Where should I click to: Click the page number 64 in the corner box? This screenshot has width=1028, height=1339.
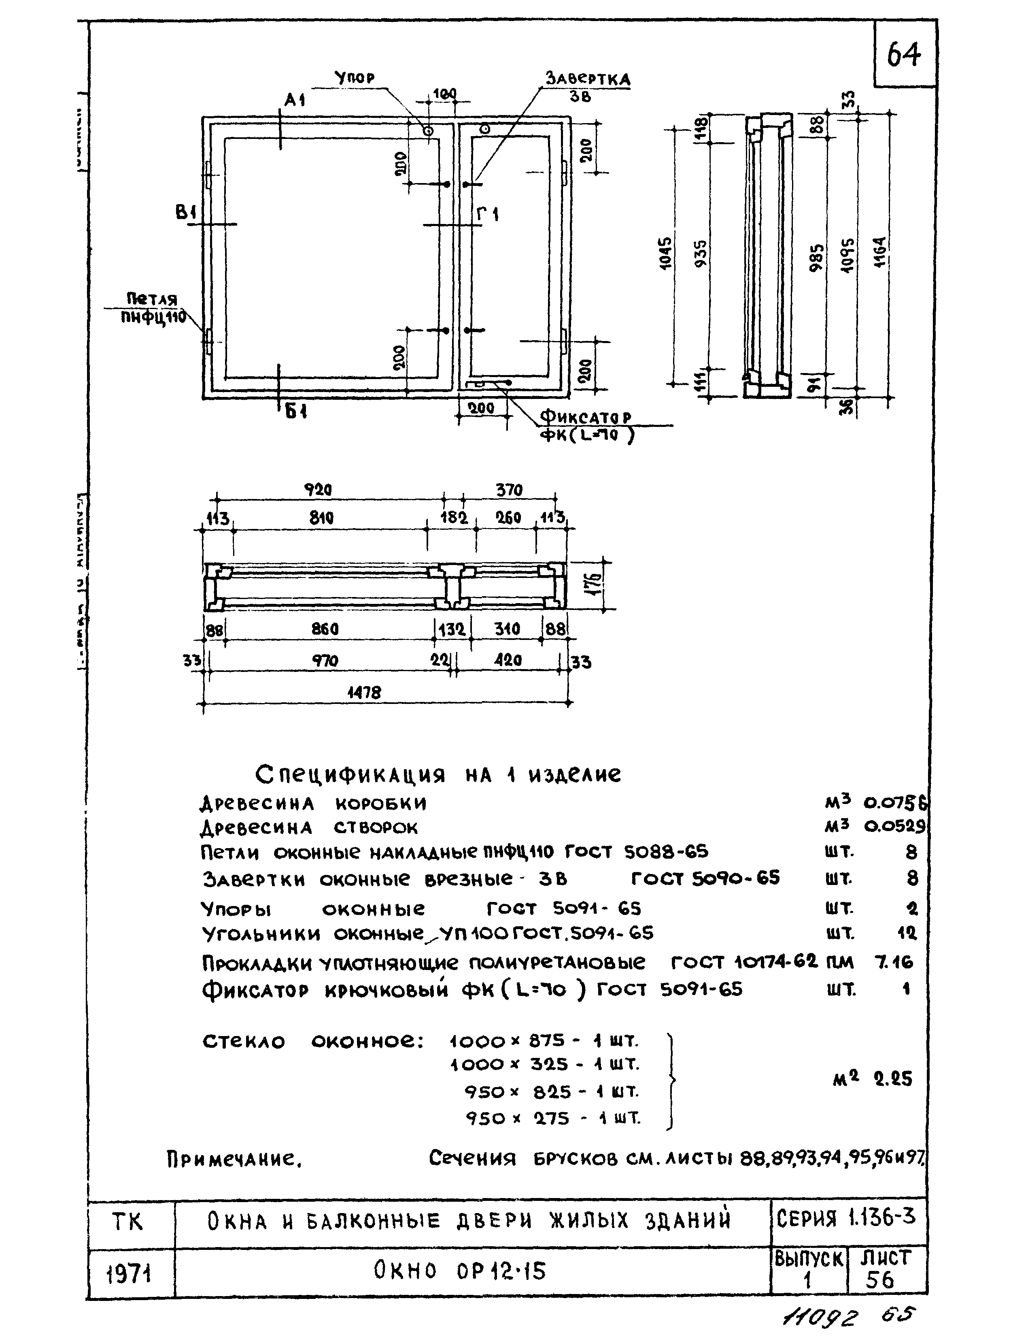(x=904, y=55)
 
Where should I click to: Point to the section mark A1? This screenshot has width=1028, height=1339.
(x=295, y=100)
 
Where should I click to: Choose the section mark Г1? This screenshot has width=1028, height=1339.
(x=488, y=214)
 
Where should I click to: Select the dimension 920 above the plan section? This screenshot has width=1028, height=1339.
(x=318, y=490)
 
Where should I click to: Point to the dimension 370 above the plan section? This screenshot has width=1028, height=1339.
(x=509, y=490)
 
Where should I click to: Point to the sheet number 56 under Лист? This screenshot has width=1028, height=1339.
(x=879, y=1281)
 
